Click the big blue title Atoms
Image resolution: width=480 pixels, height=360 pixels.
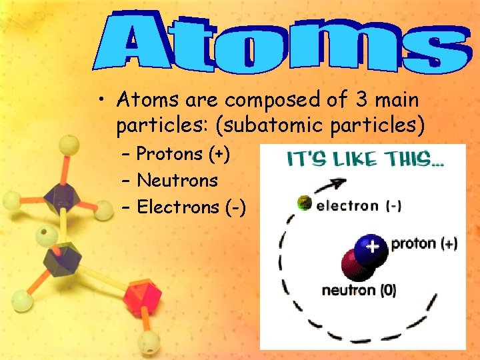[x=279, y=41]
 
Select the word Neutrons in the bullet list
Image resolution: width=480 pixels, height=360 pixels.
[x=177, y=181]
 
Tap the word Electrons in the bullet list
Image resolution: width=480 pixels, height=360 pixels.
[x=177, y=207]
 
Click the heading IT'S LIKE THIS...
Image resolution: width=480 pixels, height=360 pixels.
[x=365, y=159]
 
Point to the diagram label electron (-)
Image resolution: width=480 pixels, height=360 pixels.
[x=358, y=206]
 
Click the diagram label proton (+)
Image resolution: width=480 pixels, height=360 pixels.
[x=423, y=244]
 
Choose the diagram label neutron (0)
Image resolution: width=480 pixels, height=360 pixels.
[x=359, y=291]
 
